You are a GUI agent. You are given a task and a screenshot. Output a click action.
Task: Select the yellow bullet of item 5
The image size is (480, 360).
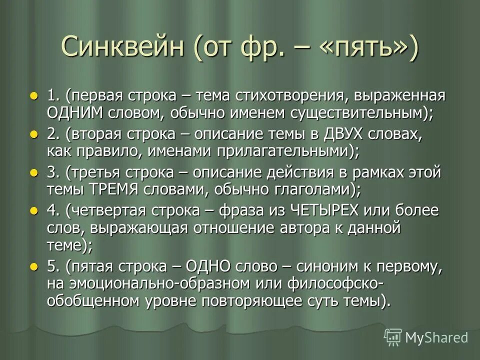point(34,266)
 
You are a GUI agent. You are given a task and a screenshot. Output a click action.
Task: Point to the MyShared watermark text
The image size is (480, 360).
point(436,337)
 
